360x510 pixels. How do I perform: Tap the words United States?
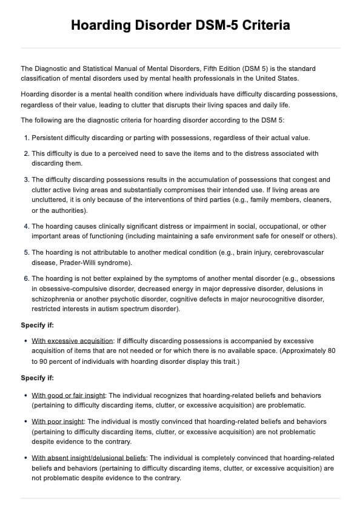click(278, 79)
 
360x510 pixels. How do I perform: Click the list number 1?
click(25, 138)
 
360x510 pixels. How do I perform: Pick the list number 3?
click(25, 180)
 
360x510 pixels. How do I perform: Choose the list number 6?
click(25, 278)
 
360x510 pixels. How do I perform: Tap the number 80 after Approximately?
click(330, 352)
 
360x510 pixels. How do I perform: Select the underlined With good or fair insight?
click(68, 395)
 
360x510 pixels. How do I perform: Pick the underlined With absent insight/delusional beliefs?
click(89, 458)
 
